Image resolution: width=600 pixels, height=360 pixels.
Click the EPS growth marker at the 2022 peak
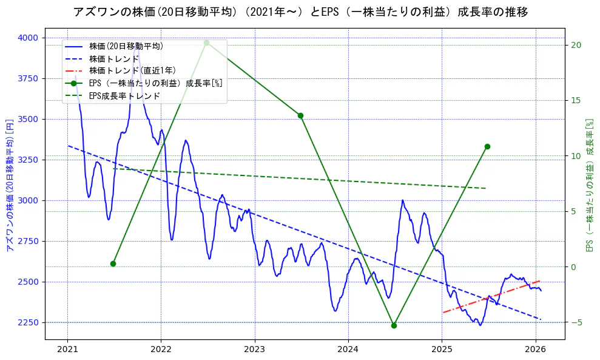click(206, 42)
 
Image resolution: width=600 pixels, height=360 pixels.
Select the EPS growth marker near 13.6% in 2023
click(300, 115)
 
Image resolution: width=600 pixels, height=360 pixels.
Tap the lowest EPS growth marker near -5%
click(394, 325)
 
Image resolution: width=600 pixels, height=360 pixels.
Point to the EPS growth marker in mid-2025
click(487, 146)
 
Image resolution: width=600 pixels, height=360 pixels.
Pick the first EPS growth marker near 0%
click(113, 263)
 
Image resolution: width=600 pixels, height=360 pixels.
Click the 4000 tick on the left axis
click(27, 38)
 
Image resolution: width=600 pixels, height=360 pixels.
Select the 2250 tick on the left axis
click(27, 322)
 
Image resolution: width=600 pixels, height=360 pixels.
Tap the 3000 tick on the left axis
click(27, 200)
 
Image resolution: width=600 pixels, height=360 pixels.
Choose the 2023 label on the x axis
click(254, 350)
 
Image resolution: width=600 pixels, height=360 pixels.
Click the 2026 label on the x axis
click(536, 350)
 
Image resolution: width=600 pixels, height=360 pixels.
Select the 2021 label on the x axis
click(67, 350)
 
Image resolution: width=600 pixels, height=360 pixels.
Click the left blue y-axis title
click(9, 185)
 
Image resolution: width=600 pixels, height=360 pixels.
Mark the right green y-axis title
click(589, 185)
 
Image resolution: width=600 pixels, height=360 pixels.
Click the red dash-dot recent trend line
click(491, 296)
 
